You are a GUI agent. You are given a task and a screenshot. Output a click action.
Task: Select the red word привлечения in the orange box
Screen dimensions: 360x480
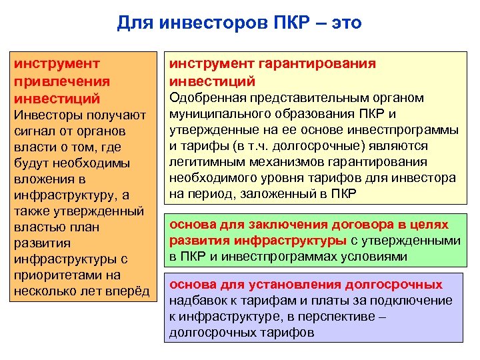click(62, 81)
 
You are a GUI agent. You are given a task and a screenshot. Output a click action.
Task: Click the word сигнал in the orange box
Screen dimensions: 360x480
click(37, 131)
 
